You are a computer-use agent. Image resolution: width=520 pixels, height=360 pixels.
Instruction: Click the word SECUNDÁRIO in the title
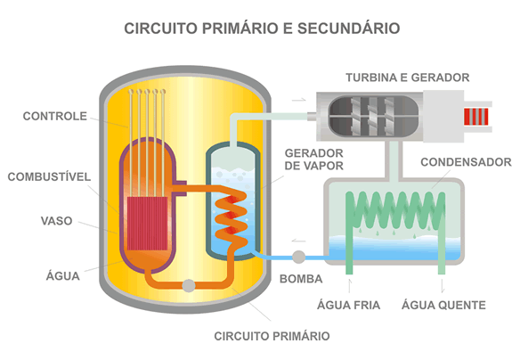tap(348, 29)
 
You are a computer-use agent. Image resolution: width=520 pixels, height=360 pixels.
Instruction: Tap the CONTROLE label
tap(54, 116)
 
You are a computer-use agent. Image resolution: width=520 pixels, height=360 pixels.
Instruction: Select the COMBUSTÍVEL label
tap(49, 176)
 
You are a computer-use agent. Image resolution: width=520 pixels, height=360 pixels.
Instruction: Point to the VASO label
tap(56, 221)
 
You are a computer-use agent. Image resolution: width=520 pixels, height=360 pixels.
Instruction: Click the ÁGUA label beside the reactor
tap(62, 275)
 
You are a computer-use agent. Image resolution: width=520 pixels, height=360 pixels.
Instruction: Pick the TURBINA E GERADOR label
tap(408, 78)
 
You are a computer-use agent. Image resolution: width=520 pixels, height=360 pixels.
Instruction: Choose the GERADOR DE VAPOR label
tap(313, 160)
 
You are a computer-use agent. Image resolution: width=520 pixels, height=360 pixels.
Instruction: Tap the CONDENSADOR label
tap(466, 162)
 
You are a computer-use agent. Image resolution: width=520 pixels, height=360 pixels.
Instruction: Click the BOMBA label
tap(301, 279)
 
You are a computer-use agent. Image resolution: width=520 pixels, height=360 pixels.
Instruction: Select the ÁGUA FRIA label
tap(348, 305)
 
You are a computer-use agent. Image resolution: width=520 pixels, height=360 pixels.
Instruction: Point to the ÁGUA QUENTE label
tap(443, 305)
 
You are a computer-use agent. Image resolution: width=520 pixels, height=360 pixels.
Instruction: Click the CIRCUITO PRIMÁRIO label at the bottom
tap(272, 336)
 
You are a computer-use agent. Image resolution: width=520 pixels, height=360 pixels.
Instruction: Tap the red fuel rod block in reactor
tap(147, 224)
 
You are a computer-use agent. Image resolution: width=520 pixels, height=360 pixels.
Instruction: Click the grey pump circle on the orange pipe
tap(189, 285)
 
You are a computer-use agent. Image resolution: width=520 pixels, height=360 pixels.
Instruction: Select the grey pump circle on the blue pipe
tap(298, 257)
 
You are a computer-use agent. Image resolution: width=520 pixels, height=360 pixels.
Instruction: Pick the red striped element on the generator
tap(475, 117)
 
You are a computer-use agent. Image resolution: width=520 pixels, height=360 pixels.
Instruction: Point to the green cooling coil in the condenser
tap(395, 212)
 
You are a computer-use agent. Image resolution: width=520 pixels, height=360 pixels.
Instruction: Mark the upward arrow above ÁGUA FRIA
tap(350, 286)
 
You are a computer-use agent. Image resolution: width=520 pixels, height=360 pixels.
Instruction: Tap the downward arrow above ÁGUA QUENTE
tap(443, 286)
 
